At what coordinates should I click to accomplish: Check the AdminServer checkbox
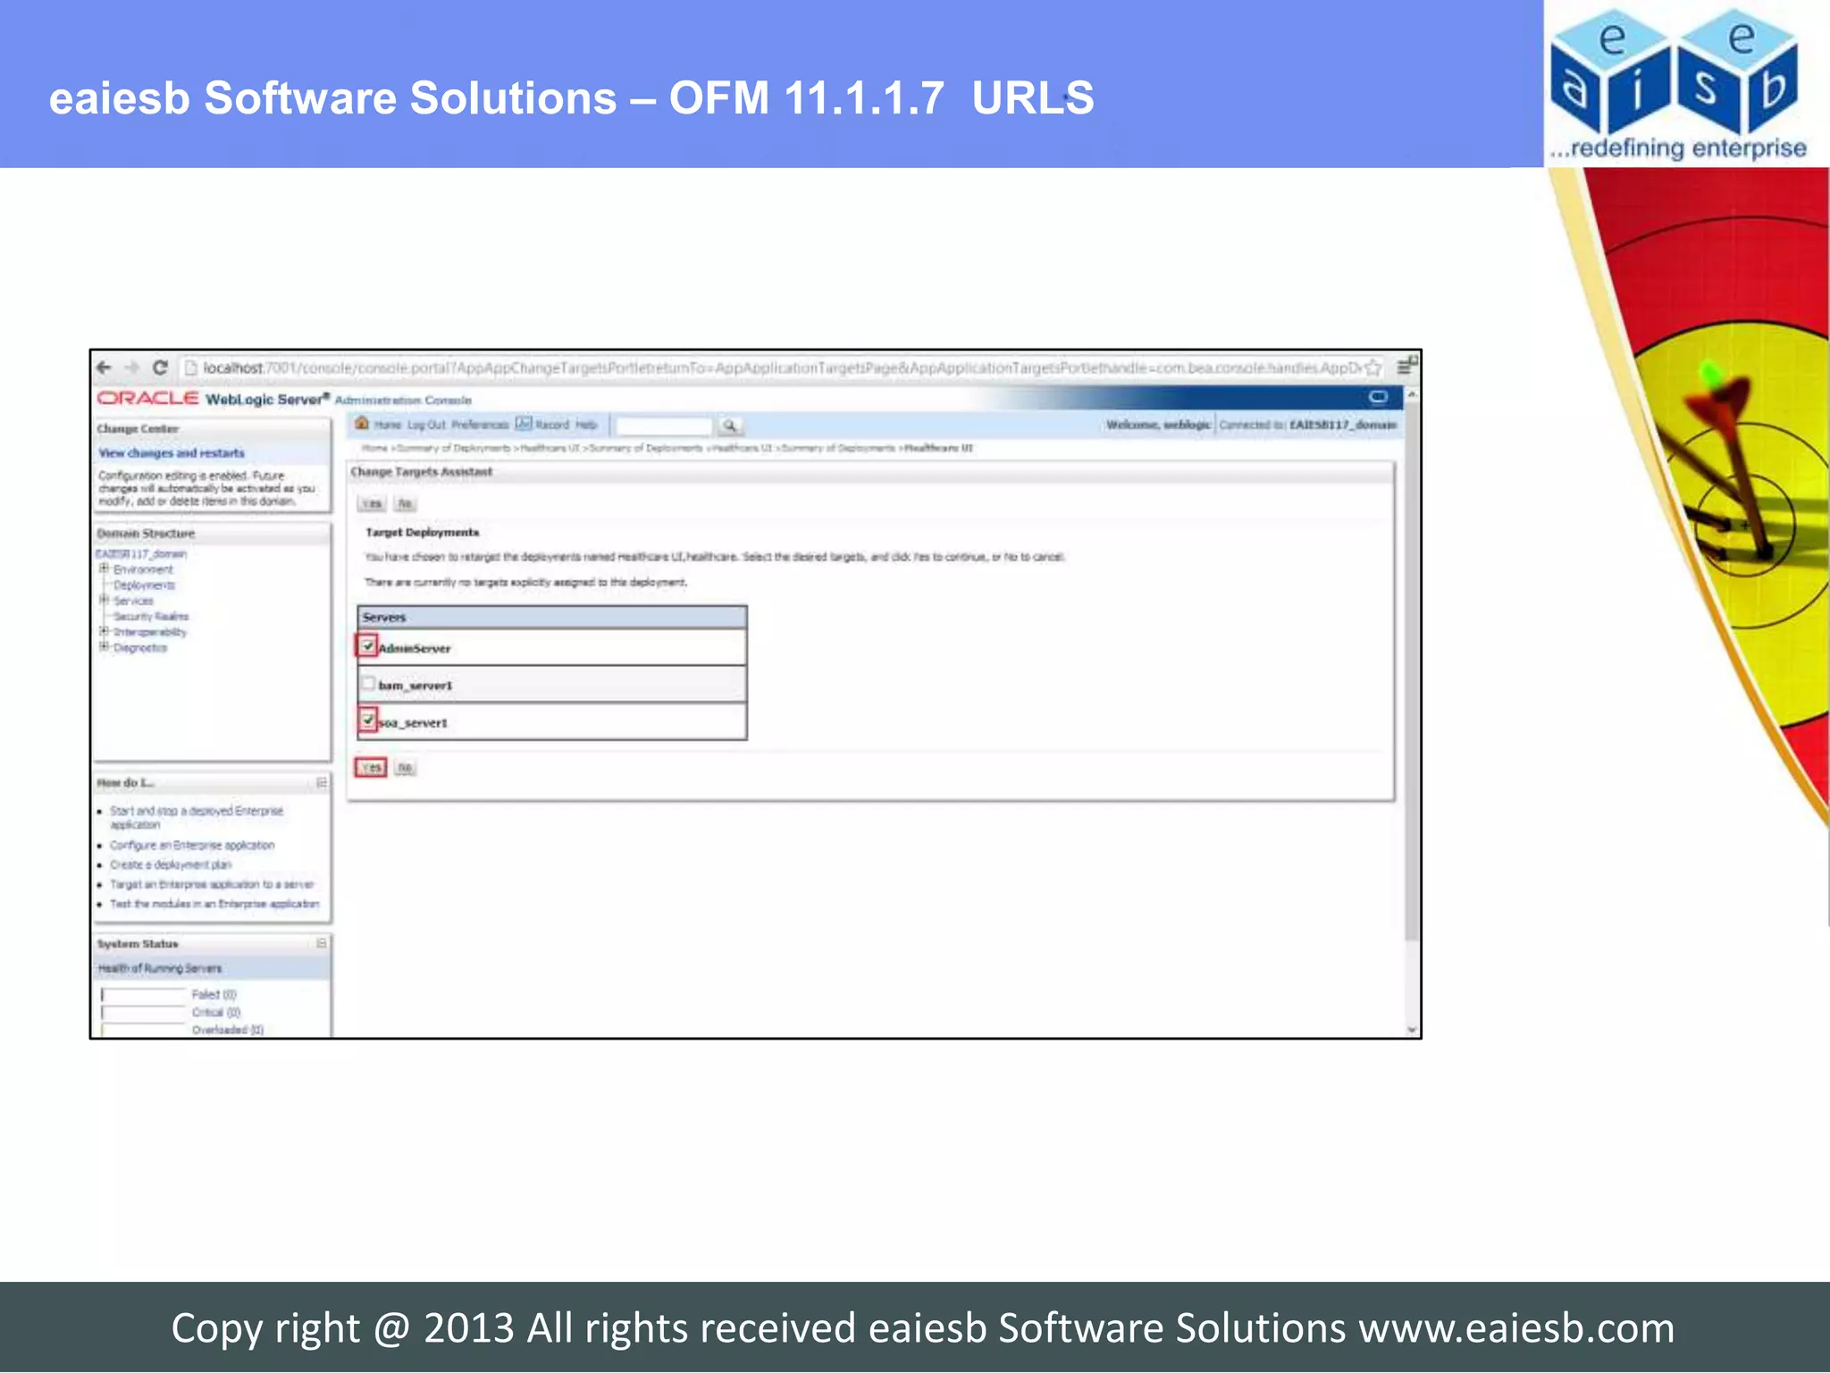(x=367, y=645)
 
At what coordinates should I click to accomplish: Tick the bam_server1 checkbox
(x=367, y=684)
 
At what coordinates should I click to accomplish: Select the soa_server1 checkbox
(x=367, y=720)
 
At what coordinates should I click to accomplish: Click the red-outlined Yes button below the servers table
(x=371, y=768)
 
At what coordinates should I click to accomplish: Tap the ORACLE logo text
(x=147, y=399)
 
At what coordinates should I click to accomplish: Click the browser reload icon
(x=160, y=367)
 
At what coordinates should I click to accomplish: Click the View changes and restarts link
(x=171, y=453)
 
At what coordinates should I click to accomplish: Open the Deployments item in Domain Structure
(x=144, y=585)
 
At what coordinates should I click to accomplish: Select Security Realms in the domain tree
(x=151, y=617)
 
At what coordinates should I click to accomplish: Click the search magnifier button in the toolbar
(x=729, y=425)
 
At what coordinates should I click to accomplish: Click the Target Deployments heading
(x=422, y=533)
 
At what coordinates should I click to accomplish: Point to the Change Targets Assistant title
(x=421, y=472)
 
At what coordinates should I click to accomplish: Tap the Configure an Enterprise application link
(x=192, y=846)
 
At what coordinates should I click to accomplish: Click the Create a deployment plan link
(x=170, y=865)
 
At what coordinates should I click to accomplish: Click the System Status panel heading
(x=138, y=944)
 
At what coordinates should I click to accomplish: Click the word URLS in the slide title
(x=1032, y=98)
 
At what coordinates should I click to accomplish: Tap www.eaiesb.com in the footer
(x=1516, y=1328)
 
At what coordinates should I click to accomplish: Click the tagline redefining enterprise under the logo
(x=1687, y=148)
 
